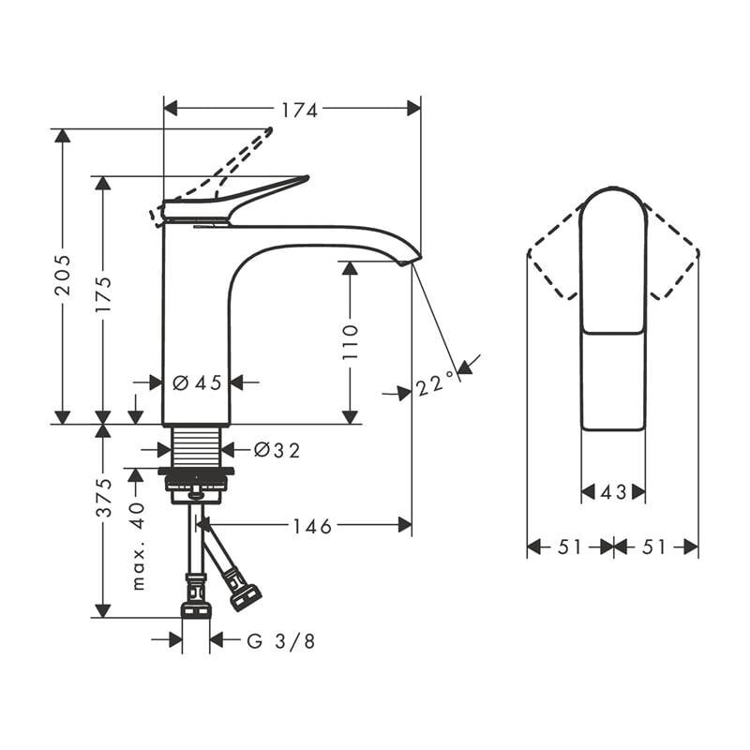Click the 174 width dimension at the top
[x=300, y=110]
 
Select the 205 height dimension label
[x=62, y=274]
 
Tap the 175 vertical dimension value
[x=102, y=293]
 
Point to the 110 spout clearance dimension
[x=350, y=342]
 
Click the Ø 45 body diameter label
[x=197, y=382]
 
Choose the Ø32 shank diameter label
[x=277, y=451]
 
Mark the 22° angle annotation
[x=435, y=382]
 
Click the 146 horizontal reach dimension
[x=312, y=527]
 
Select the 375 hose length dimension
[x=102, y=498]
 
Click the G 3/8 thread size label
[x=281, y=641]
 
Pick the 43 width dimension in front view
[x=613, y=492]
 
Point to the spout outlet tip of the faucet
[x=411, y=260]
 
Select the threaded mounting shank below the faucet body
[x=197, y=447]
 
